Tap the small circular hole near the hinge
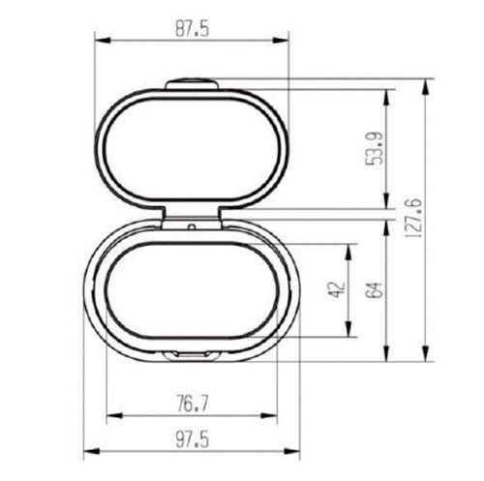194,228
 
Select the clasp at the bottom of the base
190,356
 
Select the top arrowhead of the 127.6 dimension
428,82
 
